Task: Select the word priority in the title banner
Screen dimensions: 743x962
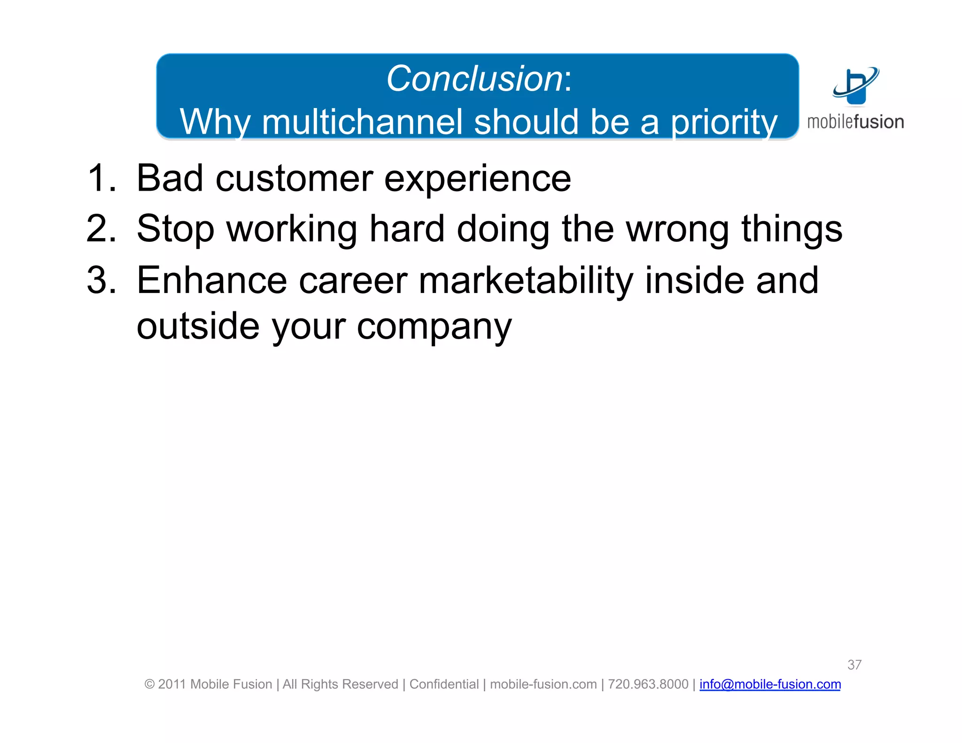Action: pyautogui.click(x=723, y=122)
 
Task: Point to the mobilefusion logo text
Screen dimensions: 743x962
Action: pyautogui.click(x=855, y=122)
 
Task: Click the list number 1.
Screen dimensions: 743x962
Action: pyautogui.click(x=100, y=178)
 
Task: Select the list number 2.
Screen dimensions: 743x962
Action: pyautogui.click(x=100, y=229)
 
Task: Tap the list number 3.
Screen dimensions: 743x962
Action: pyautogui.click(x=100, y=280)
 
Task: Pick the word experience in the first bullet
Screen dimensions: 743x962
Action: pyautogui.click(x=477, y=179)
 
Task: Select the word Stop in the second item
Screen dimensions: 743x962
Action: pyautogui.click(x=175, y=229)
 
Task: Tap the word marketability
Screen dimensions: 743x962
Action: pyautogui.click(x=526, y=280)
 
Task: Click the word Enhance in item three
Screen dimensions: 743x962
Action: pyautogui.click(x=211, y=280)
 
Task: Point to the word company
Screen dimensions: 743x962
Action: pyautogui.click(x=434, y=327)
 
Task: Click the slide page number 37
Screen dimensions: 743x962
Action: pyautogui.click(x=854, y=665)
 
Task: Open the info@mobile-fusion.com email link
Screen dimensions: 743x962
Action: pyautogui.click(x=770, y=684)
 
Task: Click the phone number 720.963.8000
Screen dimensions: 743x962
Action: pyautogui.click(x=648, y=684)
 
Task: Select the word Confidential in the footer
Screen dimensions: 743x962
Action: pyautogui.click(x=443, y=684)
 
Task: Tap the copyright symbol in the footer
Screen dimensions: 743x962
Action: pyautogui.click(x=149, y=684)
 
